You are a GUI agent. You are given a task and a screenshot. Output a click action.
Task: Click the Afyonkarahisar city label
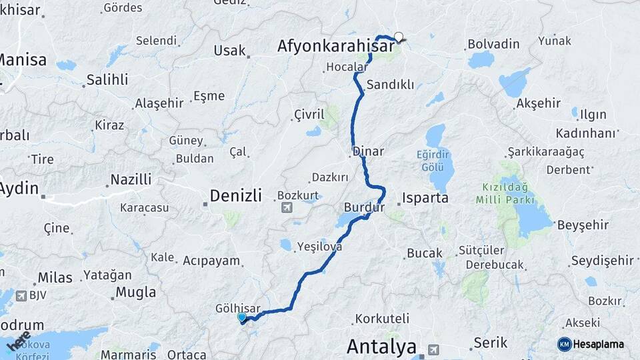coord(326,45)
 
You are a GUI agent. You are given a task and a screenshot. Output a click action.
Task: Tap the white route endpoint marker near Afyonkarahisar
coord(399,37)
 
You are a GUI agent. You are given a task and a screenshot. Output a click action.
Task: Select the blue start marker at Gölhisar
coord(241,318)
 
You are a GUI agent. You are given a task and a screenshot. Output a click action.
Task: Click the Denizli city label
coord(235,195)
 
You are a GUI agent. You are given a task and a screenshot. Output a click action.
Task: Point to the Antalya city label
coord(381,347)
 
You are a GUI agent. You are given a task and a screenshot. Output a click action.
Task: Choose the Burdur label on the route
coord(365,207)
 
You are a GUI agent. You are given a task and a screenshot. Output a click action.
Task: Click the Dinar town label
coord(369,151)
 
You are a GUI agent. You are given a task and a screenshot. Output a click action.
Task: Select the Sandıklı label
coord(391,85)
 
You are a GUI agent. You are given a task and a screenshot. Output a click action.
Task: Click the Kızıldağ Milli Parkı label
coord(505,193)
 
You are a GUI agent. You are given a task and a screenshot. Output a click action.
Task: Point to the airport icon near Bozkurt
coord(287,207)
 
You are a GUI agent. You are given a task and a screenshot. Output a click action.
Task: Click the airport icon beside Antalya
coord(434,349)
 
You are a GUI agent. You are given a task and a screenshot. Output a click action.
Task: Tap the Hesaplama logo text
coord(598,345)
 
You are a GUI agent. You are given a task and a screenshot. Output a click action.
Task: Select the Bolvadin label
coord(493,44)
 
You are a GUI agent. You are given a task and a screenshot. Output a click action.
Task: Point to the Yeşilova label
coord(320,246)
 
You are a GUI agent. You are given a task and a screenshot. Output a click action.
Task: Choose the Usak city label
coord(229,51)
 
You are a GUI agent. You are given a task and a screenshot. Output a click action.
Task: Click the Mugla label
coord(136,292)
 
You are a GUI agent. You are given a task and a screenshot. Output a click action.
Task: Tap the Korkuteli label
coord(382,319)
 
